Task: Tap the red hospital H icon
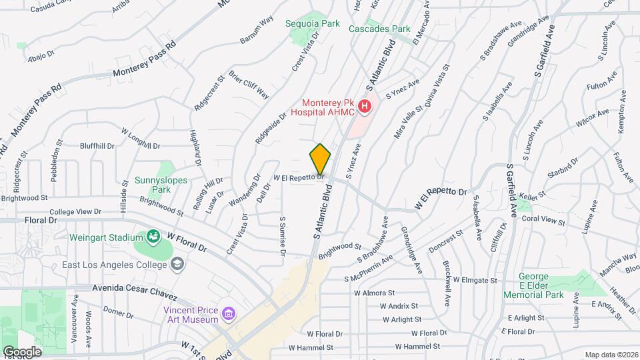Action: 364,106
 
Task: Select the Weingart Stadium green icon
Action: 153,237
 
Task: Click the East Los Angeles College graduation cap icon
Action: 177,265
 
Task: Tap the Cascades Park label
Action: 380,29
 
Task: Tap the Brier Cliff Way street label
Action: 249,85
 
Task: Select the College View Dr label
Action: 75,212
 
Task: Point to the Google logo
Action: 22,352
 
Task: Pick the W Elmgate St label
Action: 474,281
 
